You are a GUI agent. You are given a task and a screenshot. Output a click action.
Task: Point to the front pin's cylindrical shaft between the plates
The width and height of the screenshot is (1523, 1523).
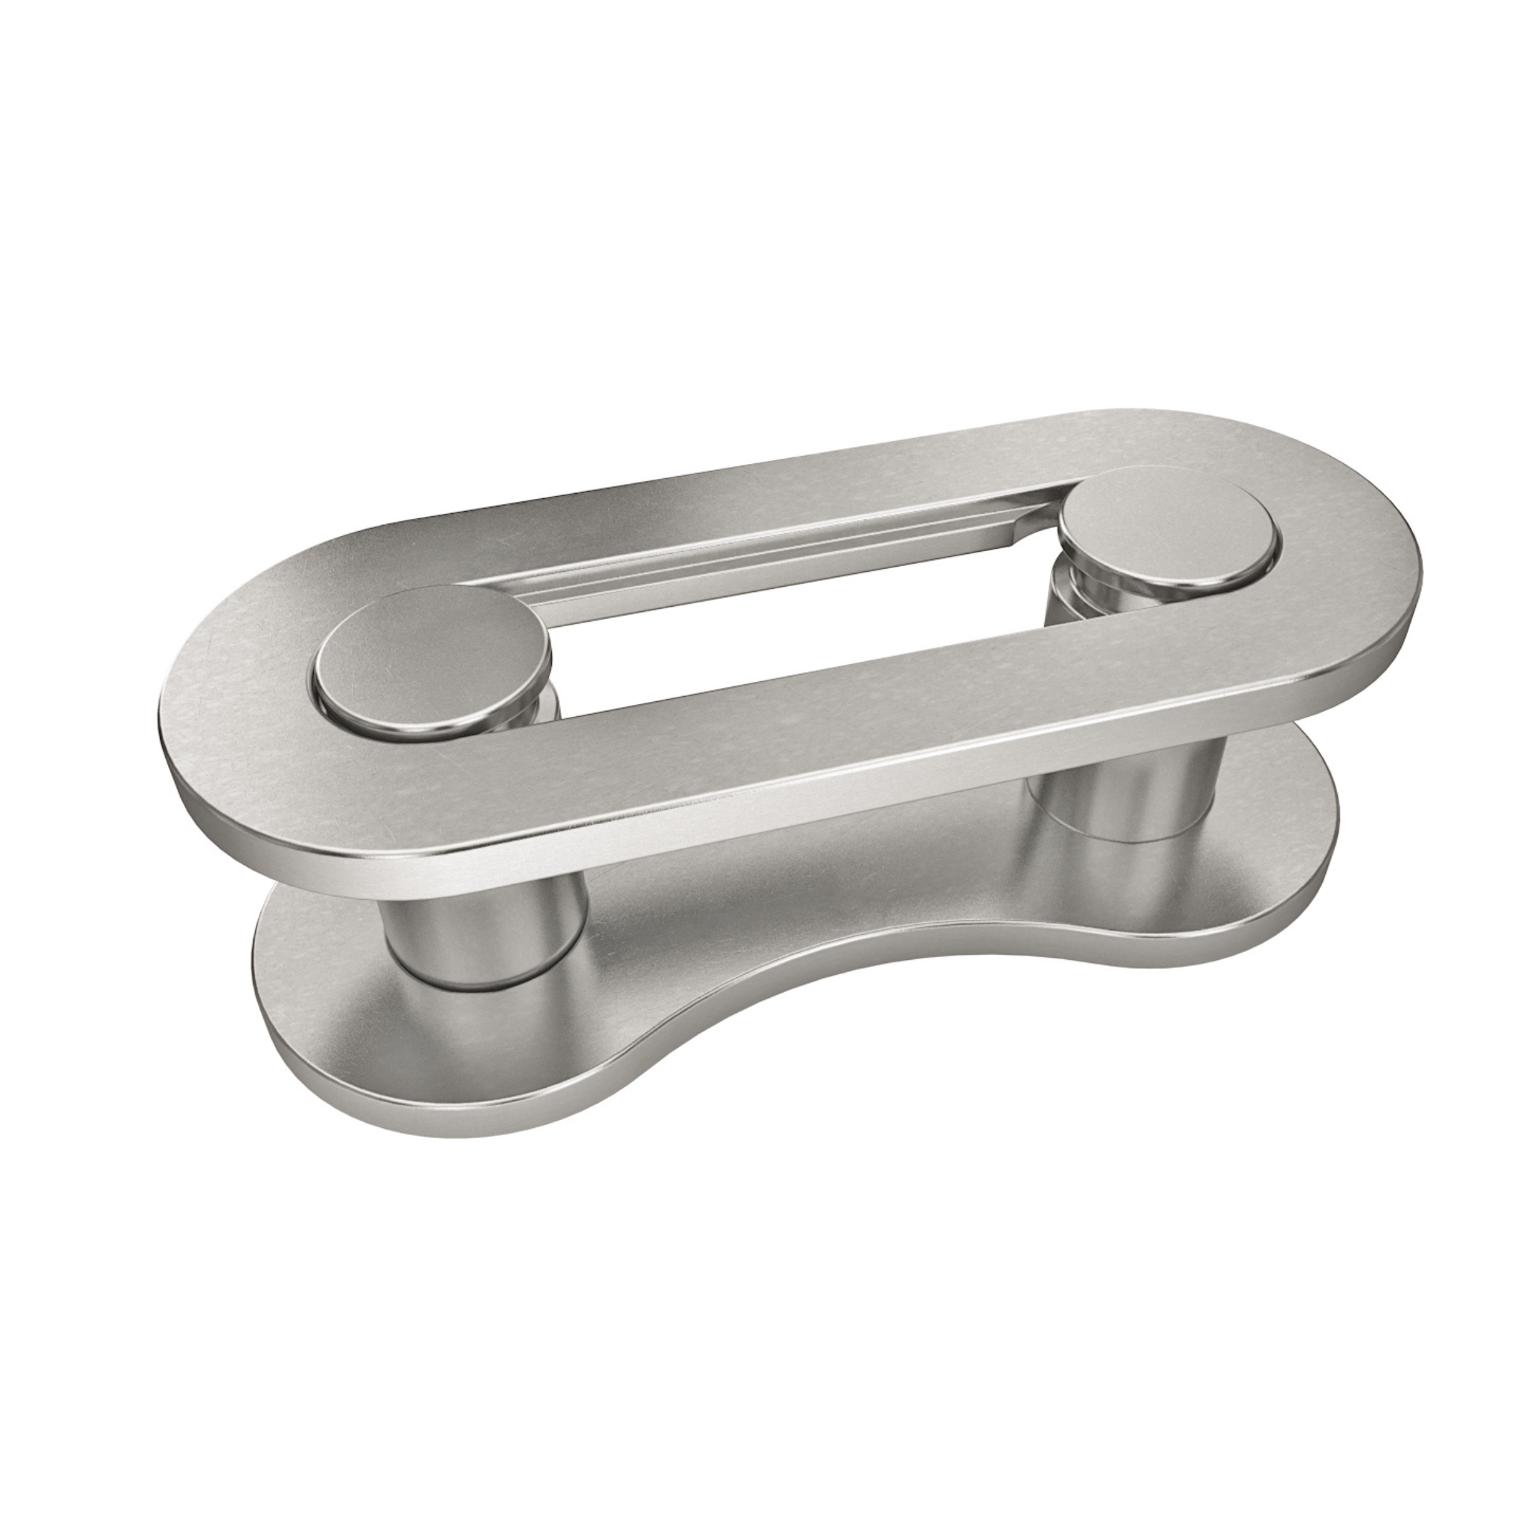(483, 938)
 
